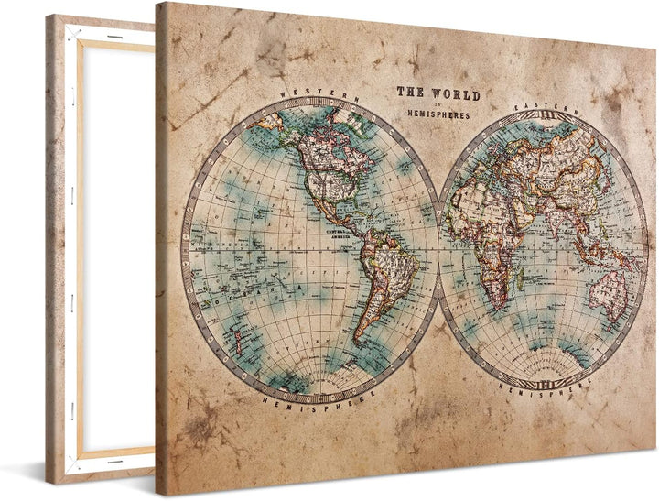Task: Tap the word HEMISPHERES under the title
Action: [x=438, y=115]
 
